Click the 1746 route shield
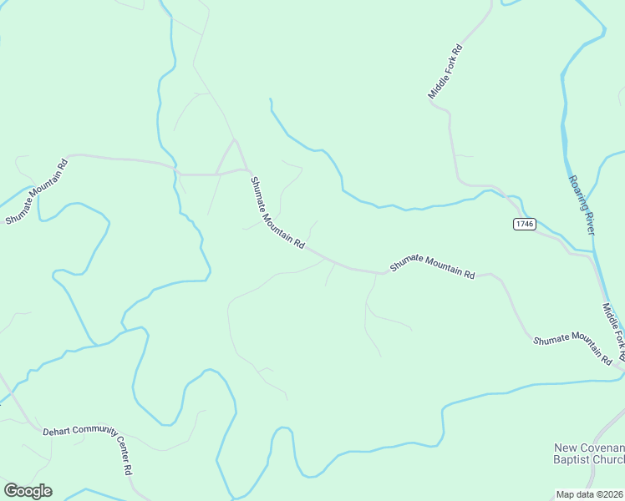pyautogui.click(x=524, y=224)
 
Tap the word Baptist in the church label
pyautogui.click(x=572, y=459)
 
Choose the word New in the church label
pyautogui.click(x=566, y=448)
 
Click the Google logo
pyautogui.click(x=28, y=491)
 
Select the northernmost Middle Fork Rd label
pyautogui.click(x=445, y=72)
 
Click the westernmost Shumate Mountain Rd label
pyautogui.click(x=36, y=191)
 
